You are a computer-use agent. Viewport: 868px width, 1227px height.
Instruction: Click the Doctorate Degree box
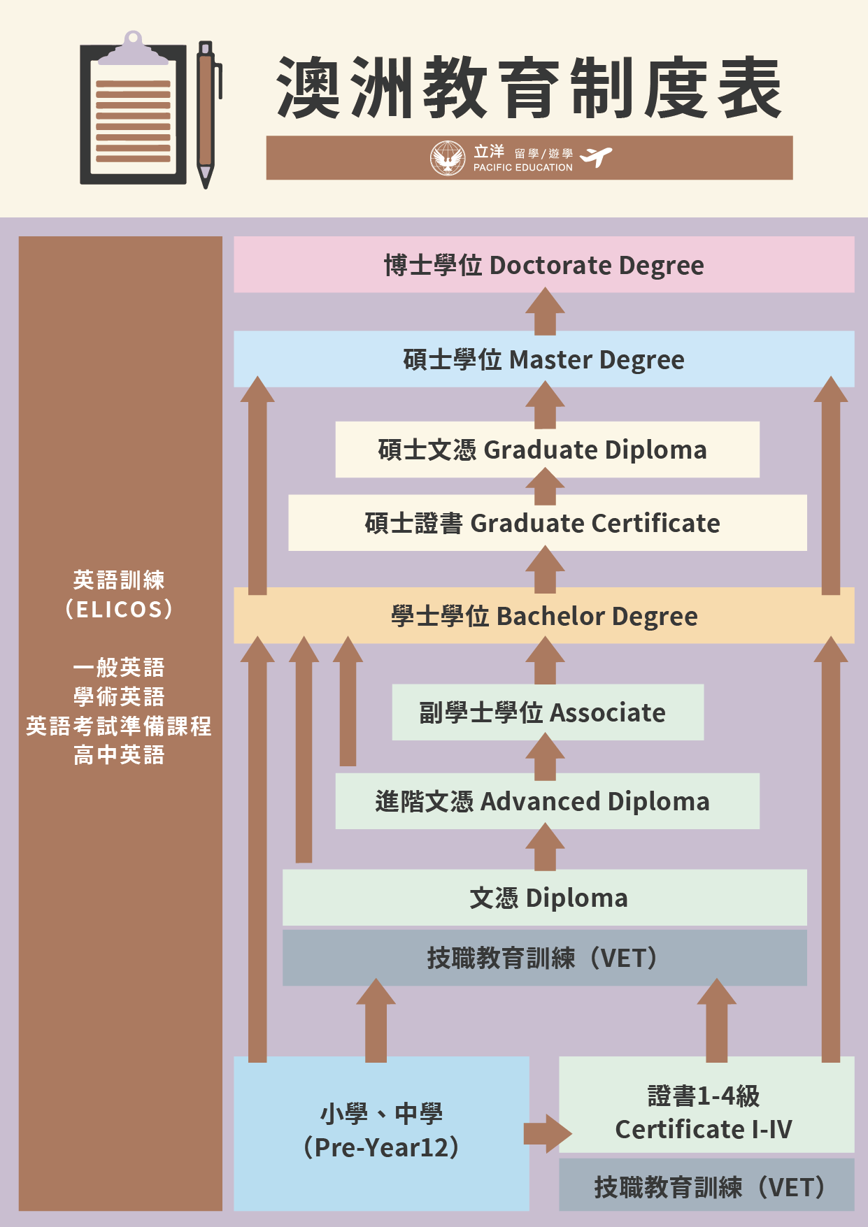[x=543, y=264]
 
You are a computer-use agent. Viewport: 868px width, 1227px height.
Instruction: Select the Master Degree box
[x=543, y=359]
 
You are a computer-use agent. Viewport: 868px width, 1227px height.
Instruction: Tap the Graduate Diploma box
[x=547, y=450]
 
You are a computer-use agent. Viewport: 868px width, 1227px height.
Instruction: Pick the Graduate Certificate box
[x=547, y=523]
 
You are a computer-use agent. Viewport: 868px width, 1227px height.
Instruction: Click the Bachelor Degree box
[x=543, y=615]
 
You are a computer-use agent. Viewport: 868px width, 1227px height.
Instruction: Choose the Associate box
[x=548, y=712]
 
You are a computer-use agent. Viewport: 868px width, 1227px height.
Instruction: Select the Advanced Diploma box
[x=547, y=801]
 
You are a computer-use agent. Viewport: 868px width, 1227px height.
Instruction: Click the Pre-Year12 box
[x=381, y=1133]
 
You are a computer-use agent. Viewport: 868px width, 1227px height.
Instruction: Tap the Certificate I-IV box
[x=706, y=1105]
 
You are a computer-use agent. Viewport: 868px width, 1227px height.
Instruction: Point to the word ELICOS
[x=118, y=610]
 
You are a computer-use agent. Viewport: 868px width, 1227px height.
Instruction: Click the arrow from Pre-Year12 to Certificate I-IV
[x=548, y=1133]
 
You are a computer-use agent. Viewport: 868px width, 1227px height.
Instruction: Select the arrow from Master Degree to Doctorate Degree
[x=545, y=311]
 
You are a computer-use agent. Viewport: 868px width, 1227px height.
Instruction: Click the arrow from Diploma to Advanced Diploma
[x=545, y=847]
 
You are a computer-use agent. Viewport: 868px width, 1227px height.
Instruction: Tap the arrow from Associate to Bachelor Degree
[x=545, y=660]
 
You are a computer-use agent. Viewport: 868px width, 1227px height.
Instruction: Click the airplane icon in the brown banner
[x=596, y=157]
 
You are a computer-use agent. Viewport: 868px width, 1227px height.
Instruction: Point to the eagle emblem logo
[x=448, y=158]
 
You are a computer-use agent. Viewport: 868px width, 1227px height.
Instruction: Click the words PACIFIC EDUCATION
[x=523, y=168]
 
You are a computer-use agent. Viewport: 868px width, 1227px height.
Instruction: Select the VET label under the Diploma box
[x=544, y=958]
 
